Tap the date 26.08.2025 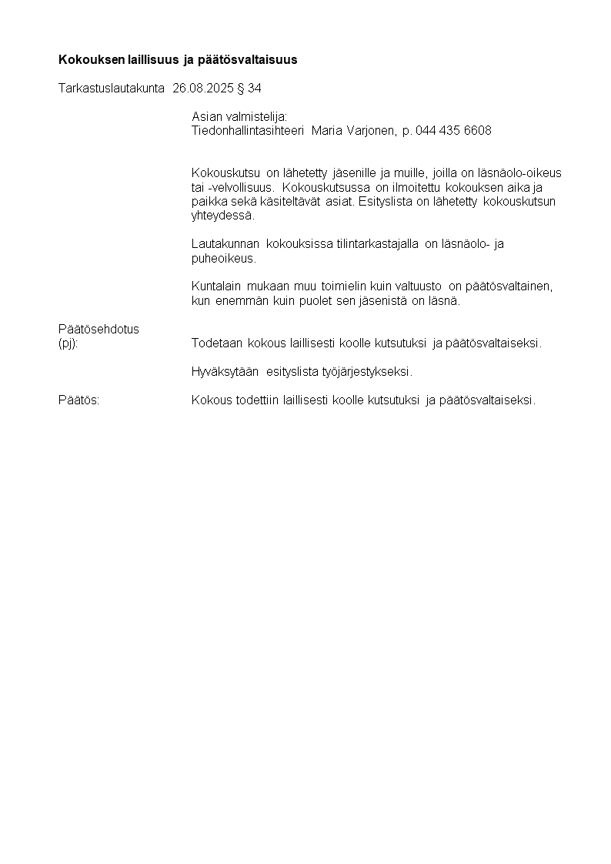coord(203,89)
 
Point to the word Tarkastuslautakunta coord(112,89)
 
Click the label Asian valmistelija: coord(239,116)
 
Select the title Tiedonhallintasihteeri coord(248,131)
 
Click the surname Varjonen coord(372,131)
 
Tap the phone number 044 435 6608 coord(453,131)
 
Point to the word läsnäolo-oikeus coord(522,173)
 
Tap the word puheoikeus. coord(223,259)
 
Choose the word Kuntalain coord(216,286)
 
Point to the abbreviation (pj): coord(68,343)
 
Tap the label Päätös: coord(79,400)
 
